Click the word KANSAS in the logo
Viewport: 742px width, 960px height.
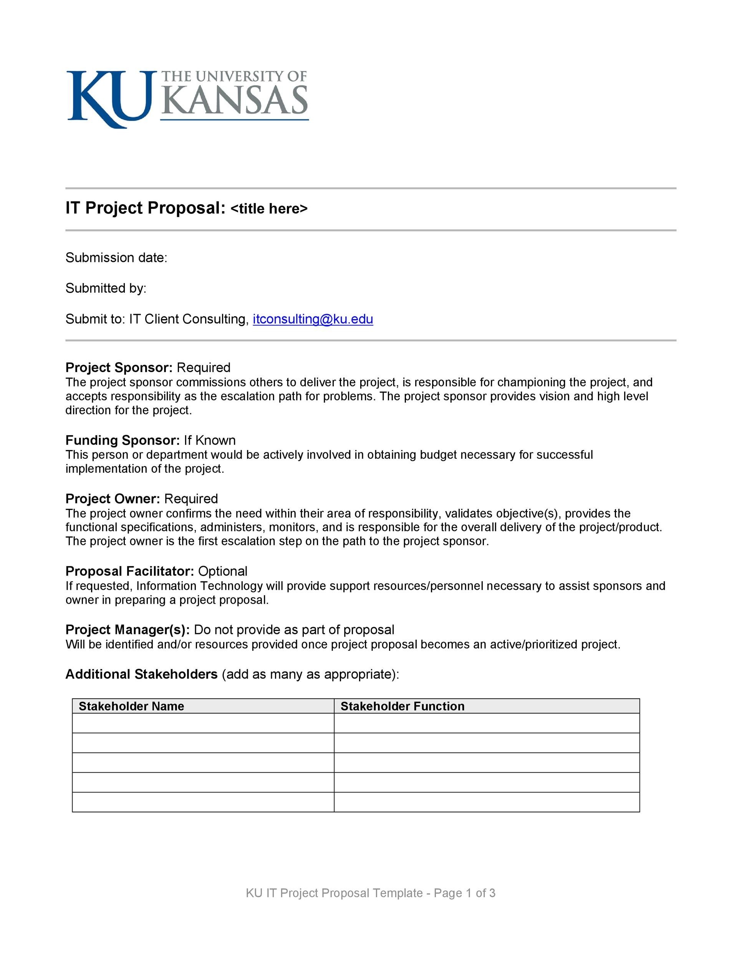234,100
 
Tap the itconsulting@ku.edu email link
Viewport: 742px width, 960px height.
313,319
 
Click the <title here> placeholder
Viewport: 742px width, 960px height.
268,209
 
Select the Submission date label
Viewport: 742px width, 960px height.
116,258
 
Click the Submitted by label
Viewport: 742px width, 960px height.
106,288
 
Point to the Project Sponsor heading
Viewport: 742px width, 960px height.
119,367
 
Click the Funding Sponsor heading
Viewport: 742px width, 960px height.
122,440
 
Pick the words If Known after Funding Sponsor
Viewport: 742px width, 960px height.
210,440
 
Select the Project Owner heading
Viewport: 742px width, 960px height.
113,498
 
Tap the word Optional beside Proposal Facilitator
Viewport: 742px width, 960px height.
222,571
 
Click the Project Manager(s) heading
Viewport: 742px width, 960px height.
128,629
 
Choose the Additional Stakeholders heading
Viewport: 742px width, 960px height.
141,674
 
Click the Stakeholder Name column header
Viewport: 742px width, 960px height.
131,706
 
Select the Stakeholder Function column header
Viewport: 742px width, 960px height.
402,706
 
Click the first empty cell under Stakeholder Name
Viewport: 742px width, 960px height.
203,723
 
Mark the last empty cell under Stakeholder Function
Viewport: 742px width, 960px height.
486,802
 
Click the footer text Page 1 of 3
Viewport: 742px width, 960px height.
464,893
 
